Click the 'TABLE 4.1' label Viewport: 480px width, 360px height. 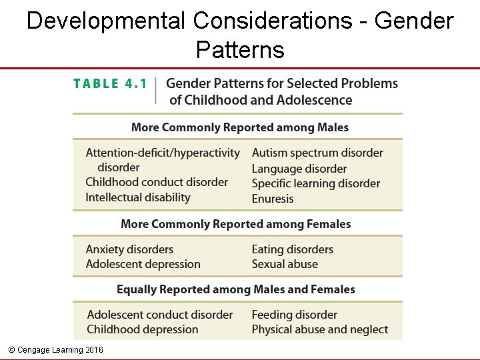pos(110,84)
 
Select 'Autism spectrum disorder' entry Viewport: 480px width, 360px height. pos(317,153)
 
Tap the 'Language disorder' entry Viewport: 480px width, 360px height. pos(299,169)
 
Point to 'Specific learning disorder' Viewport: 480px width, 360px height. pos(316,183)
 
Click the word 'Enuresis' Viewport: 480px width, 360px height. pos(273,199)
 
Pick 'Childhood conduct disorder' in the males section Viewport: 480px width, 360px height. pos(157,182)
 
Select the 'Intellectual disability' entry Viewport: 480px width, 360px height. pos(138,197)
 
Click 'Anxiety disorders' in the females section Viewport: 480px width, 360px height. pos(129,249)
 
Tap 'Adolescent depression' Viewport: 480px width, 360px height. pos(143,264)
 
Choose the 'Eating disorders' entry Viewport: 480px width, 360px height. pos(293,249)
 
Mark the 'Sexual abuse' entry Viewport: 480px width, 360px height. pos(285,264)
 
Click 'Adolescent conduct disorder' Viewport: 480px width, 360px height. pos(160,315)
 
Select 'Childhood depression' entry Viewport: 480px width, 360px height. pos(143,329)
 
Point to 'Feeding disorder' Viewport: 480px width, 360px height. pos(295,315)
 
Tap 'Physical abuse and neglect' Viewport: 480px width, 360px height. pos(320,329)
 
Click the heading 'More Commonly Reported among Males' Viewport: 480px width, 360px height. pos(240,127)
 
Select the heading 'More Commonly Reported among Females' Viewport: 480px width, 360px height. pos(236,224)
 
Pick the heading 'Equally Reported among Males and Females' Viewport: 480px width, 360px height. pos(236,289)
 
